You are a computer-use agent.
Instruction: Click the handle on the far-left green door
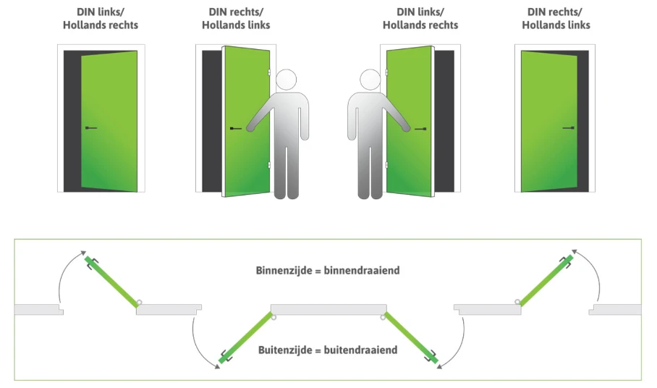pyautogui.click(x=91, y=128)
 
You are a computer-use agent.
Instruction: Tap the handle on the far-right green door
pyautogui.click(x=569, y=128)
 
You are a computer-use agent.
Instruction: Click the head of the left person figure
pyautogui.click(x=287, y=80)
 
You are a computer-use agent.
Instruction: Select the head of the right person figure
pyautogui.click(x=370, y=80)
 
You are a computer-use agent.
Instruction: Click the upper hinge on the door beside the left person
pyautogui.click(x=269, y=73)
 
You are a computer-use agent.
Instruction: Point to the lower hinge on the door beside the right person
pyautogui.click(x=386, y=165)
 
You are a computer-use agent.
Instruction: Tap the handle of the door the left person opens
pyautogui.click(x=236, y=129)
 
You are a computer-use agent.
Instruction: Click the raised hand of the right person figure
pyautogui.click(x=406, y=128)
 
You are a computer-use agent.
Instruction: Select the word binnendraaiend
pyautogui.click(x=362, y=271)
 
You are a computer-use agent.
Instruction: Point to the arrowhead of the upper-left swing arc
pyautogui.click(x=83, y=253)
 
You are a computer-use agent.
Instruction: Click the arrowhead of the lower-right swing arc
pyautogui.click(x=439, y=366)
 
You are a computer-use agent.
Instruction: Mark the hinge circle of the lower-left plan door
pyautogui.click(x=274, y=318)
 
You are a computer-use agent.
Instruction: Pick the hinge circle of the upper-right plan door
pyautogui.click(x=518, y=301)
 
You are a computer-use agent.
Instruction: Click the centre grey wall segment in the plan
pyautogui.click(x=328, y=310)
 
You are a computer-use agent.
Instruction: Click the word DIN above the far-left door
pyautogui.click(x=86, y=12)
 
